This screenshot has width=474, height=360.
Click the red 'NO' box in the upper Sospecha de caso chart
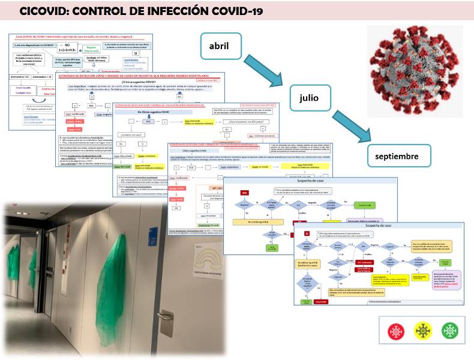point(244,193)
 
